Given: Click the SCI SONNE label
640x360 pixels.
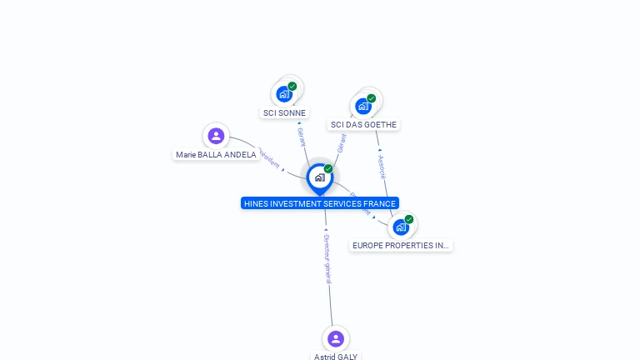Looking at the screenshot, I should pyautogui.click(x=284, y=112).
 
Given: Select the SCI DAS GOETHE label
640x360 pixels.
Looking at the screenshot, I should pyautogui.click(x=363, y=125).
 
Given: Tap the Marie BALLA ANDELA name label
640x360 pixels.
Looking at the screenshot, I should pyautogui.click(x=216, y=155).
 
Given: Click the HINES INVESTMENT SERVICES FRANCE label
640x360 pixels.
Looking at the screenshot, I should pyautogui.click(x=320, y=203).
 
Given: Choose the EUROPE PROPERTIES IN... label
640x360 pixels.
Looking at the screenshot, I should pyautogui.click(x=401, y=246).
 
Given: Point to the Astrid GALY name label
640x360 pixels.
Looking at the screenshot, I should pyautogui.click(x=336, y=356).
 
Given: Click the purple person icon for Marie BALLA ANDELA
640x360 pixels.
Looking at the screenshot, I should pyautogui.click(x=216, y=136).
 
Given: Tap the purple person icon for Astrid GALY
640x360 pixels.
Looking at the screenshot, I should pyautogui.click(x=336, y=338).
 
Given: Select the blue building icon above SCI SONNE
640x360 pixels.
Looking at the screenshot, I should pyautogui.click(x=284, y=93).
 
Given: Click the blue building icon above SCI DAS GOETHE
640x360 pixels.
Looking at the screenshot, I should pyautogui.click(x=362, y=106).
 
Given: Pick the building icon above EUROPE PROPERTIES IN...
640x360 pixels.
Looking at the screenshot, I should pyautogui.click(x=401, y=227).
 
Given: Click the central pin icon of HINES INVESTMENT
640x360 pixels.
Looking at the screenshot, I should pyautogui.click(x=319, y=177).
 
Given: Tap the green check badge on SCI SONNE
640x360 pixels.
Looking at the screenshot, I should pyautogui.click(x=292, y=86).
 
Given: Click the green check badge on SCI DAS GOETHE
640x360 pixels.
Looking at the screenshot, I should pyautogui.click(x=372, y=98).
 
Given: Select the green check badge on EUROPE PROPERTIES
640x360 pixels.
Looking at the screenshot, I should pyautogui.click(x=409, y=219).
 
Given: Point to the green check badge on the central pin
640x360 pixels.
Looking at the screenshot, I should pyautogui.click(x=328, y=168).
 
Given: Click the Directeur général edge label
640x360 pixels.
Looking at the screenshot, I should pyautogui.click(x=327, y=259).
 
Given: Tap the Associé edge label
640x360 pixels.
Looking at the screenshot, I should pyautogui.click(x=382, y=167).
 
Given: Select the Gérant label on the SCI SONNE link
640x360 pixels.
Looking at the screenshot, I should pyautogui.click(x=301, y=137).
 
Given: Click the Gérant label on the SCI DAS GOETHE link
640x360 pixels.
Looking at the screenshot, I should pyautogui.click(x=342, y=143).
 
